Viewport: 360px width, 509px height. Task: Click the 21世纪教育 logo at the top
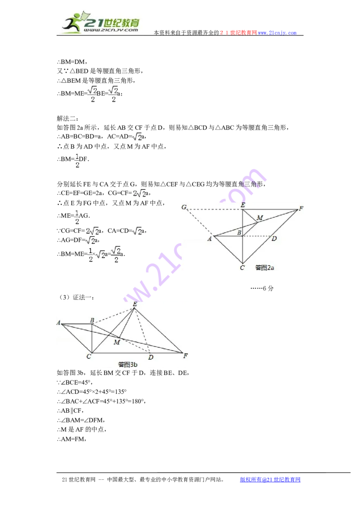point(101,22)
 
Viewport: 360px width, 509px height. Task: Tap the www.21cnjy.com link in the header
point(277,33)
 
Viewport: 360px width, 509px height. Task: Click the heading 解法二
point(67,119)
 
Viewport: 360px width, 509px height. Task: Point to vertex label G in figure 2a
point(184,207)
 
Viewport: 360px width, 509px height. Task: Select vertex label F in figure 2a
point(301,208)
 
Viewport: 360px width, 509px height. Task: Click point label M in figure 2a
point(260,218)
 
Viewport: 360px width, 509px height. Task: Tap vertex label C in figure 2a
point(242,268)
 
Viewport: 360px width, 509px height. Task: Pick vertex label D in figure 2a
point(274,239)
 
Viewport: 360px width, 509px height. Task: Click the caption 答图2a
point(265,268)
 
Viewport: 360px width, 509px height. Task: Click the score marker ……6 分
point(262,288)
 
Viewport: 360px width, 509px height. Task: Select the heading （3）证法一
point(76,297)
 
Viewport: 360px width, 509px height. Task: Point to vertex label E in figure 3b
point(135,304)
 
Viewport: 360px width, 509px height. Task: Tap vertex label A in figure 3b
point(58,323)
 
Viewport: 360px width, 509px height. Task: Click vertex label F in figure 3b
point(185,356)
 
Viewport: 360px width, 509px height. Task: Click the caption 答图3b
point(128,365)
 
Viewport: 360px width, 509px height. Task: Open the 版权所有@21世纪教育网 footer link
point(270,479)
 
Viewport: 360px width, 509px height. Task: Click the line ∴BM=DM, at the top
point(72,62)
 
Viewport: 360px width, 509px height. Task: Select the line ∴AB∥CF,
point(70,411)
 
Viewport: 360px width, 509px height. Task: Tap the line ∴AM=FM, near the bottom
point(72,439)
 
